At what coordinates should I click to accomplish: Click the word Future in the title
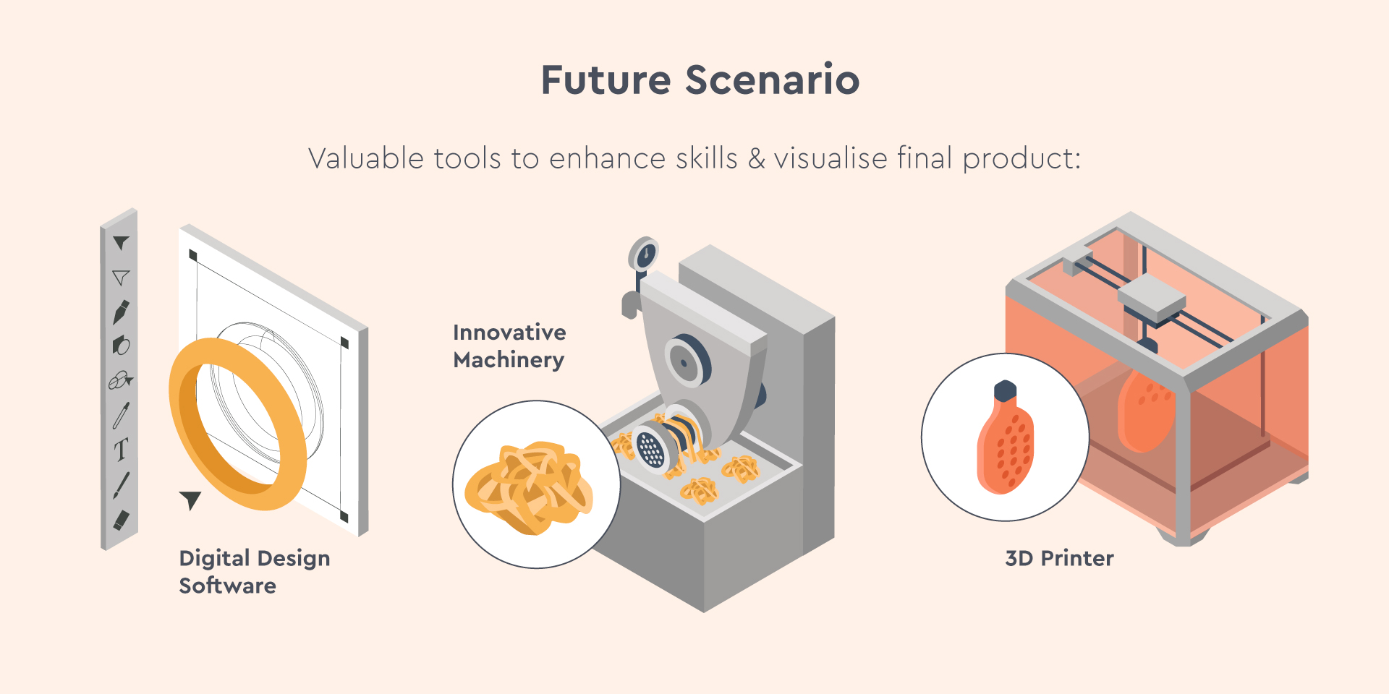606,80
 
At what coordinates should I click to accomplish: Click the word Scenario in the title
773,80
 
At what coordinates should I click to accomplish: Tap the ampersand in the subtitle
757,158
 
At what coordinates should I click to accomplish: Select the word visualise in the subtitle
831,158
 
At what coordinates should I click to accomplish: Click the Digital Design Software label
255,572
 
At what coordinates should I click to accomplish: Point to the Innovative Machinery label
509,346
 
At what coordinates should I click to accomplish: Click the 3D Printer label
1059,558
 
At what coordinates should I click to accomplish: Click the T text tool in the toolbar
121,450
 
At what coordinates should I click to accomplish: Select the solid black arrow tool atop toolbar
121,243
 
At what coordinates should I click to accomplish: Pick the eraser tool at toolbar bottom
121,520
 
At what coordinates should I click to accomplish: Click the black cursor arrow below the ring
191,500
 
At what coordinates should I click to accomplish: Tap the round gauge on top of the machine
643,254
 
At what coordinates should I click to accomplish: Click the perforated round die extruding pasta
651,448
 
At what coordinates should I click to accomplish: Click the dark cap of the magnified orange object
1005,391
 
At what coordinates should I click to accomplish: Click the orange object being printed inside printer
1146,409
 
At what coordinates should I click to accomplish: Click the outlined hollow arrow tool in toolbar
121,278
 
